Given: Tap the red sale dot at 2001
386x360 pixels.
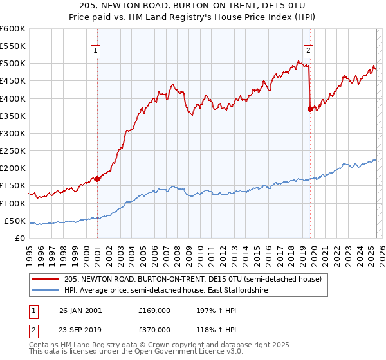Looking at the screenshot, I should [x=97, y=179].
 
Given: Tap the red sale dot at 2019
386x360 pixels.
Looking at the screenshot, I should [x=310, y=109].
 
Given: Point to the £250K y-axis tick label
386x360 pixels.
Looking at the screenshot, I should [x=12, y=150].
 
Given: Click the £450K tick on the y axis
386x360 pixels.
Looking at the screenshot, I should [x=12, y=81].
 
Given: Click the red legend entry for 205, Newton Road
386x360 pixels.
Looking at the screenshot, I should [x=198, y=279].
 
